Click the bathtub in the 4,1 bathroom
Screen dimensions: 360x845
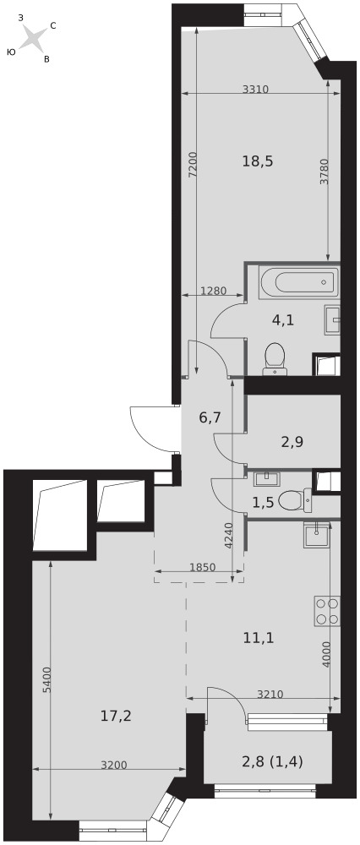coord(299,282)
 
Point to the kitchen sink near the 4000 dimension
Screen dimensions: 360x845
coord(315,535)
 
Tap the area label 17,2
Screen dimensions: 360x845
coord(117,717)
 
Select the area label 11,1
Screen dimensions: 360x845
coord(259,639)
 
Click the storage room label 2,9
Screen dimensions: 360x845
coord(292,442)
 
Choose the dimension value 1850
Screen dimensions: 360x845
coord(203,566)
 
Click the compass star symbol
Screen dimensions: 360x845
coord(33,39)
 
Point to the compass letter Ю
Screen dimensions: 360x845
coord(11,52)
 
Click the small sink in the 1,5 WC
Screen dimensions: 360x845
coord(265,478)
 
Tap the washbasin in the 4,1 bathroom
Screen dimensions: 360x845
coord(333,320)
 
